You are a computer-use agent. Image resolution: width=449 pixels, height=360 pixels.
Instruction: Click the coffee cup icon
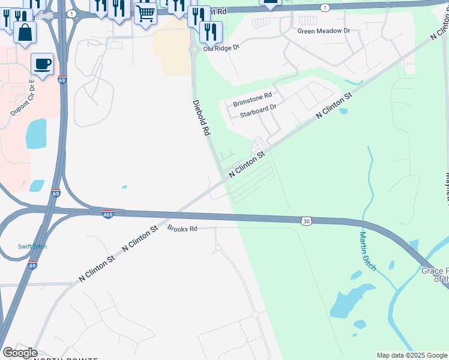click(x=42, y=64)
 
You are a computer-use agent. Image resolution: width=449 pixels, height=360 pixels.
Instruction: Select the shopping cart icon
click(x=145, y=13)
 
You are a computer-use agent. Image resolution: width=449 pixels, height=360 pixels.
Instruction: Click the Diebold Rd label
click(x=202, y=118)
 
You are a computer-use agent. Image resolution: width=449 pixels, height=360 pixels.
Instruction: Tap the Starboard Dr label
click(x=258, y=110)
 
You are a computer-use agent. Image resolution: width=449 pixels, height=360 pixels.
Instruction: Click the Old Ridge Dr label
click(x=221, y=47)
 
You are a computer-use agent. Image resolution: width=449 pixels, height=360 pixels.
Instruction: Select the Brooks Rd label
click(x=182, y=229)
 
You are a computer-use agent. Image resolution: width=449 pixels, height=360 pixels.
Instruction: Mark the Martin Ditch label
click(x=367, y=251)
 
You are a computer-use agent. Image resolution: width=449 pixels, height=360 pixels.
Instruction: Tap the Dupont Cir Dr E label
click(x=23, y=97)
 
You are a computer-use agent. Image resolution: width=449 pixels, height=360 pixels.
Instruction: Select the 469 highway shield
click(x=108, y=214)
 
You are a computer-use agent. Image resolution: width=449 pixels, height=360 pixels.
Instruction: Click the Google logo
click(x=20, y=353)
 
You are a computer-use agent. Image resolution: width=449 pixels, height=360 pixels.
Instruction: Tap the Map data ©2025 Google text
click(x=412, y=355)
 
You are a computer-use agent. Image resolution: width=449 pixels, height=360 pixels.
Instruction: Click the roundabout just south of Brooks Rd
click(x=218, y=247)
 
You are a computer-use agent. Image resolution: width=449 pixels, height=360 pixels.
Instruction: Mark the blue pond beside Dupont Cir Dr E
click(x=36, y=133)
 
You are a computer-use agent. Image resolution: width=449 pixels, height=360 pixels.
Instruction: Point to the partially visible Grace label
click(x=434, y=271)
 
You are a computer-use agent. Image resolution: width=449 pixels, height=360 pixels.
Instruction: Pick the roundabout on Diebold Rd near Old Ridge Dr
click(x=194, y=50)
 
